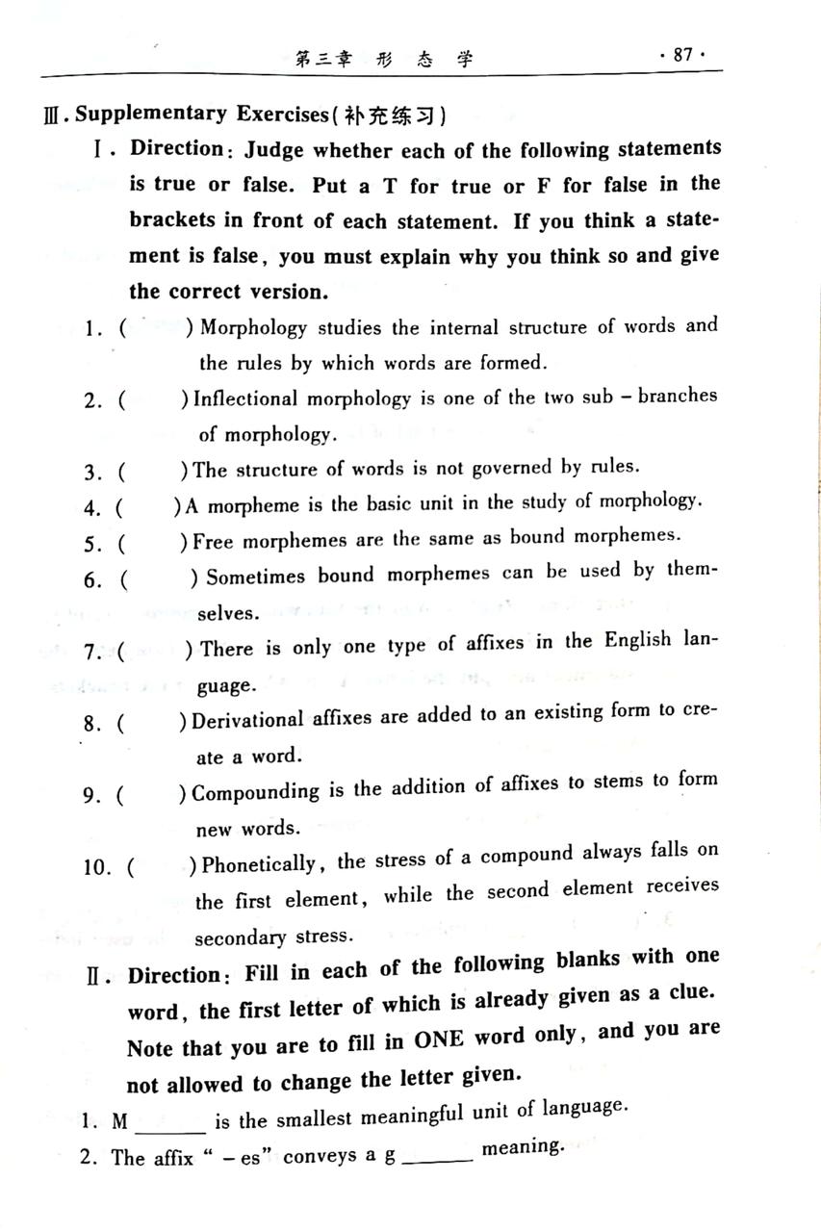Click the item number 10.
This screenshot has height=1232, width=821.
[x=98, y=867]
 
